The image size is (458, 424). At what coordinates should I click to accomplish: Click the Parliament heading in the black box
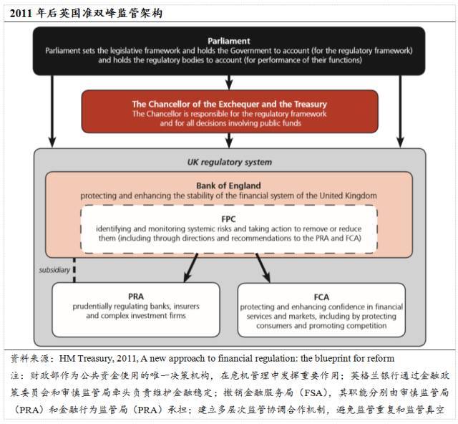(x=229, y=41)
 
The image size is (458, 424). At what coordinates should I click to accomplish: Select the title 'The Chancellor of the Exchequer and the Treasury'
(x=229, y=104)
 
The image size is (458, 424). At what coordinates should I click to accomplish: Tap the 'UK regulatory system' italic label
(x=230, y=162)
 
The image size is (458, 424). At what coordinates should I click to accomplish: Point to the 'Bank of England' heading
(x=228, y=185)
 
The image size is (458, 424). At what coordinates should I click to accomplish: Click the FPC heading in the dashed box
(x=228, y=219)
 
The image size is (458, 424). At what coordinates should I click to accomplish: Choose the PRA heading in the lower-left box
(x=136, y=297)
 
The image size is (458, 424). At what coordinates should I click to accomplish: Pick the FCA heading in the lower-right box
(x=321, y=297)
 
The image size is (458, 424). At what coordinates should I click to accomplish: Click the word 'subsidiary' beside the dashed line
(x=54, y=269)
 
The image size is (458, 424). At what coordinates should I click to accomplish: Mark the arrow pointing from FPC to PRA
(x=191, y=268)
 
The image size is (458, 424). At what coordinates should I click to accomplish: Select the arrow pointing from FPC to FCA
(x=263, y=268)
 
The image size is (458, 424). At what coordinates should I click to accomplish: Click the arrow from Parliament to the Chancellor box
(x=229, y=82)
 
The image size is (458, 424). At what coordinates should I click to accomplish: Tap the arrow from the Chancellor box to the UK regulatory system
(x=229, y=140)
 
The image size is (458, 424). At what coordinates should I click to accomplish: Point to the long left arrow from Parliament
(x=52, y=112)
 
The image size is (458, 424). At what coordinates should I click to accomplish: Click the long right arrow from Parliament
(x=400, y=112)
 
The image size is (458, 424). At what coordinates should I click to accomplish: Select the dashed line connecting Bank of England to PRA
(x=74, y=270)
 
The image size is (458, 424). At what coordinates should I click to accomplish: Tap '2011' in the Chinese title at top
(x=21, y=13)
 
